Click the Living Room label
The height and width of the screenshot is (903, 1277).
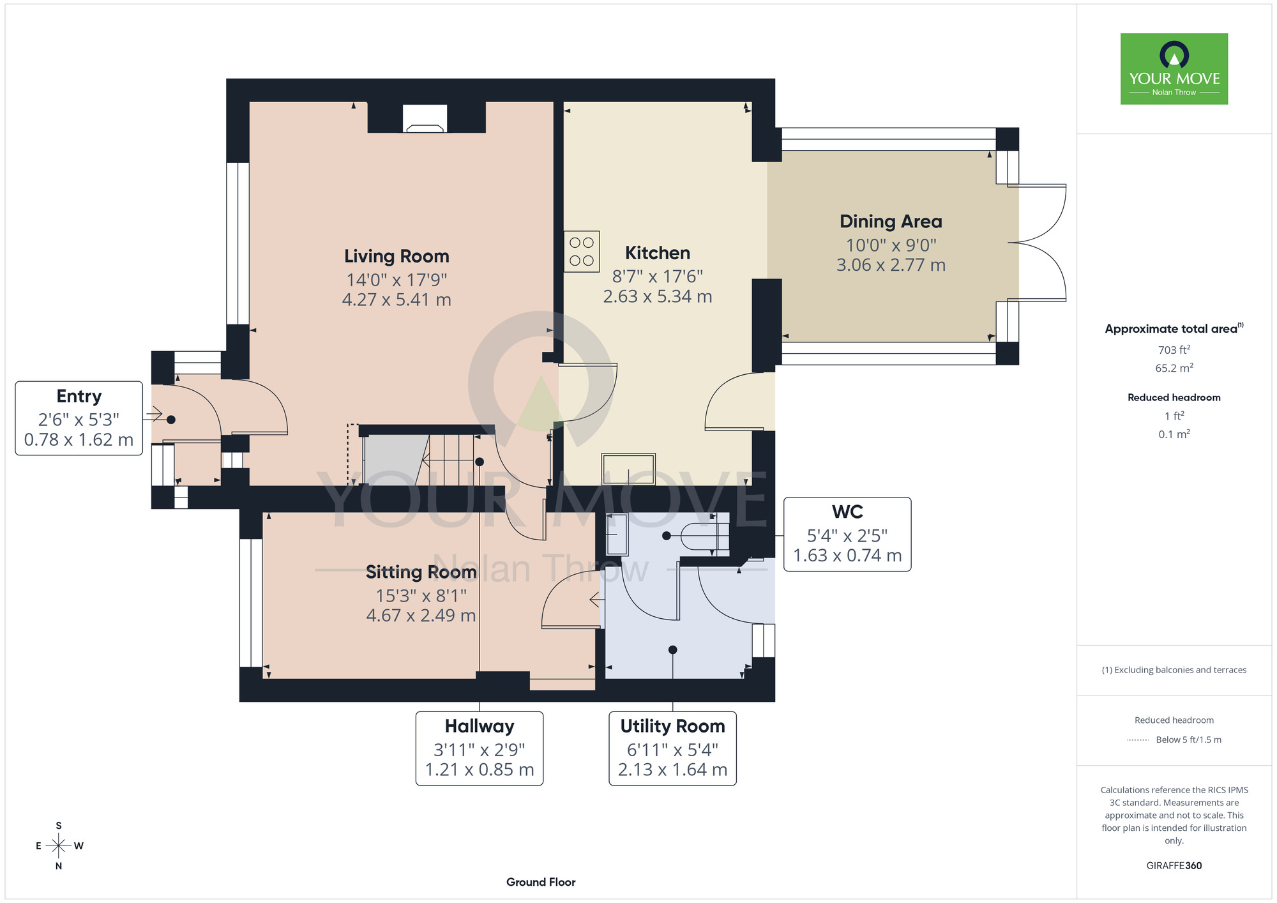(x=397, y=256)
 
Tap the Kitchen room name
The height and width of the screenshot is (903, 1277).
(x=658, y=253)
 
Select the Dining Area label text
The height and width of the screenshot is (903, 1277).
(x=891, y=222)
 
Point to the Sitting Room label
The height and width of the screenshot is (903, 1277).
(x=421, y=572)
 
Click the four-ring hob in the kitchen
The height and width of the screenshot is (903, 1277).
(x=582, y=252)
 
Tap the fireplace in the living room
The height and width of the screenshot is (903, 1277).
(x=425, y=119)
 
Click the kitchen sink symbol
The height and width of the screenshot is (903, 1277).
(x=628, y=469)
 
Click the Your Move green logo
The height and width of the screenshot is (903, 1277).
(x=1174, y=69)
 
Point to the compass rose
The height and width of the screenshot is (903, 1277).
(x=59, y=846)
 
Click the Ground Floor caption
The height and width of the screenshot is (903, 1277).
(x=541, y=882)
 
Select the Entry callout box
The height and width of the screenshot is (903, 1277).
(x=79, y=418)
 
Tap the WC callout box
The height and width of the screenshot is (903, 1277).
(x=847, y=534)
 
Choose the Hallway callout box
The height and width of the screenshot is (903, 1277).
(x=480, y=748)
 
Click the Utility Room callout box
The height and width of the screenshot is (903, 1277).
(x=673, y=748)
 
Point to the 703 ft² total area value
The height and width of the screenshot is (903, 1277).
(x=1174, y=349)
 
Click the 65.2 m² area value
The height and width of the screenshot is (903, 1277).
(x=1174, y=368)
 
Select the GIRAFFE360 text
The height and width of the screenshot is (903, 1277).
(x=1174, y=866)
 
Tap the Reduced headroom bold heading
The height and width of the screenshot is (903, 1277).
(x=1174, y=397)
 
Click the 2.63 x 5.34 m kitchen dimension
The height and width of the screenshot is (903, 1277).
(x=658, y=296)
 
